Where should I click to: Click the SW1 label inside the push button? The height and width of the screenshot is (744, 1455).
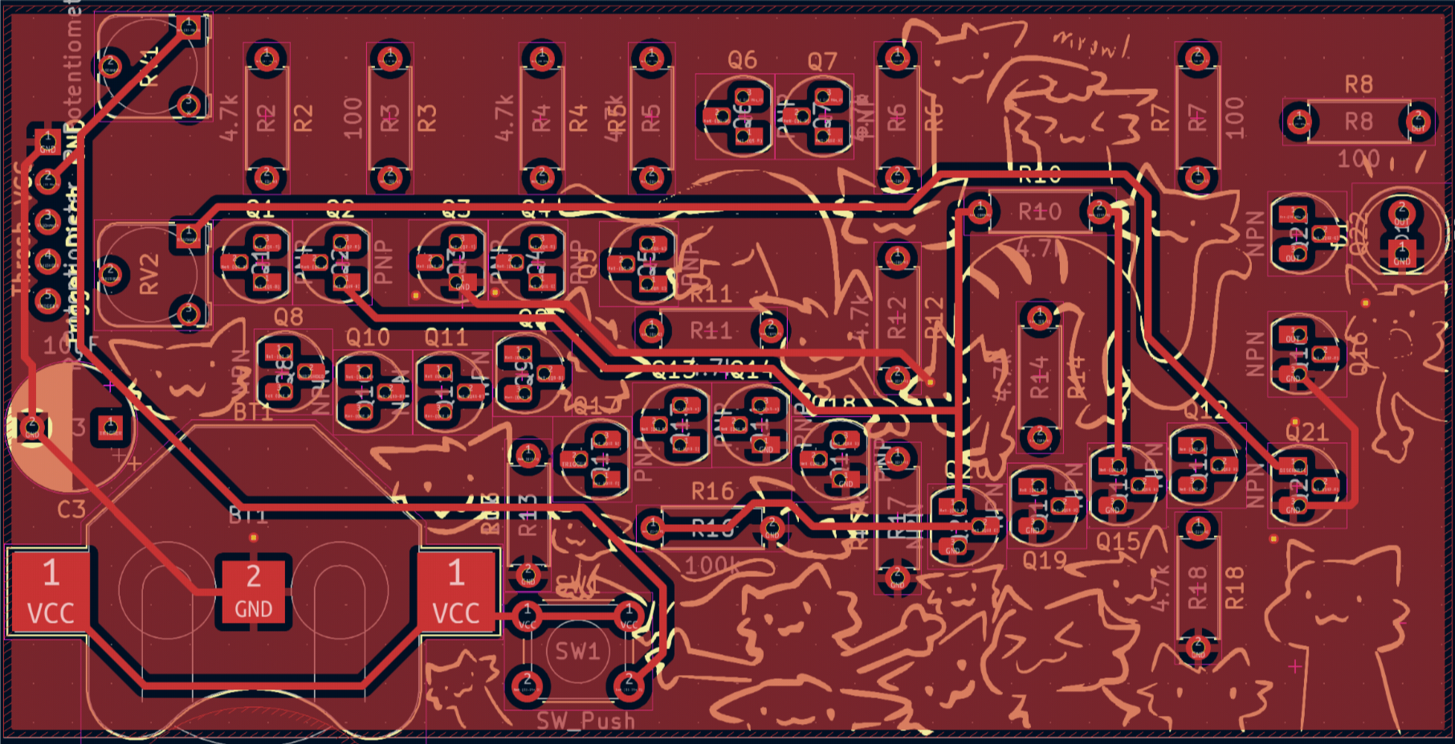click(x=577, y=651)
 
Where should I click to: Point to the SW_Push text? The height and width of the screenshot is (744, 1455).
click(x=586, y=720)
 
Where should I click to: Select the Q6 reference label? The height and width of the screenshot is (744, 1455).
click(x=742, y=60)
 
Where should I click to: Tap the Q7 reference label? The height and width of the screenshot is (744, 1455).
click(x=822, y=61)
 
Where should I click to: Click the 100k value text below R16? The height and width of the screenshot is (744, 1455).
click(x=713, y=566)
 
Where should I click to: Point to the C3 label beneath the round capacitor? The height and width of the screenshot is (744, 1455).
click(x=71, y=509)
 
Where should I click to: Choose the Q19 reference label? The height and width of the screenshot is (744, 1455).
click(x=1044, y=559)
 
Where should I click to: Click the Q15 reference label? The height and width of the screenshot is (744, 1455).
click(x=1119, y=543)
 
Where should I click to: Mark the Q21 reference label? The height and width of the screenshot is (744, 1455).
click(x=1306, y=433)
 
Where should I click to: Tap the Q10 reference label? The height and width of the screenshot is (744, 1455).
click(x=368, y=337)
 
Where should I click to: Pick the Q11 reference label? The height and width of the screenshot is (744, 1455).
click(x=446, y=337)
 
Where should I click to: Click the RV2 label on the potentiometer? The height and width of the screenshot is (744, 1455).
click(x=149, y=274)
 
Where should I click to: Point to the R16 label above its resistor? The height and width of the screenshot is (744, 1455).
click(x=712, y=491)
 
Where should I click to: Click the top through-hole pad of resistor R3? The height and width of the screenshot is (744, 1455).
click(x=390, y=58)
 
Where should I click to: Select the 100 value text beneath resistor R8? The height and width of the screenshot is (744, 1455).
click(x=1358, y=159)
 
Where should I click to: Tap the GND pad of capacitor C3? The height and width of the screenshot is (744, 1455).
click(x=32, y=426)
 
